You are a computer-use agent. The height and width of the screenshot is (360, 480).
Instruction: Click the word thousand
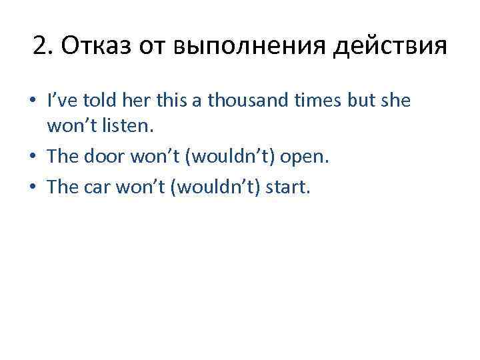238,101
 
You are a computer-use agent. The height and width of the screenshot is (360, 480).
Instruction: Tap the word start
287,187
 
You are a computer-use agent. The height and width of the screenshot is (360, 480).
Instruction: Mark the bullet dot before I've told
32,102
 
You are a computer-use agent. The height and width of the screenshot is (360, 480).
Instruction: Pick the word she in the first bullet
397,101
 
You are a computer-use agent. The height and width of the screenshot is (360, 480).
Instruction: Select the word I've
61,101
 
